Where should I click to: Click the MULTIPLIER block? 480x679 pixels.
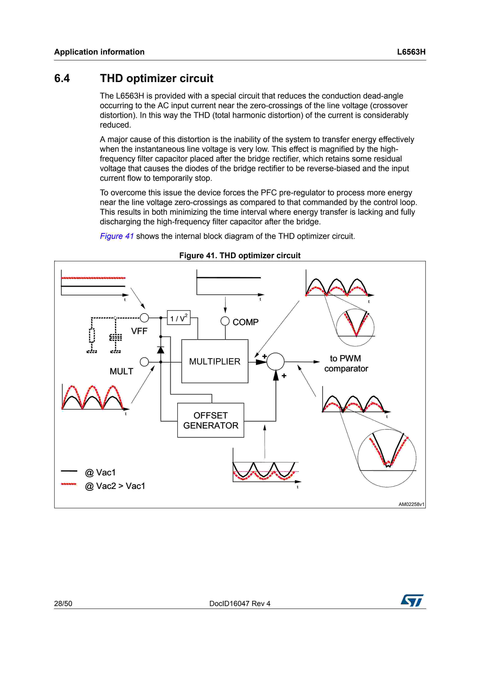(215, 361)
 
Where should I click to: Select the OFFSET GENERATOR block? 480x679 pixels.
(211, 420)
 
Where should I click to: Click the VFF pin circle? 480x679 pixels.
(144, 318)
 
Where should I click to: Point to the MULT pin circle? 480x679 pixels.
(144, 362)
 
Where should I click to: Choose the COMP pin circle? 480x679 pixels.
(225, 321)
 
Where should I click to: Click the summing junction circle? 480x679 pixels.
(275, 361)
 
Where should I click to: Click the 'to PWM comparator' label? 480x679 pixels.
(346, 364)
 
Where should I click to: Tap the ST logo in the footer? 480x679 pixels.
(412, 600)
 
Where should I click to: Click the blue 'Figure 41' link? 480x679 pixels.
(117, 236)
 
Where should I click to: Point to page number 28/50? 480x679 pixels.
(63, 604)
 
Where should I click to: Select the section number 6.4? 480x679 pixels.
(62, 78)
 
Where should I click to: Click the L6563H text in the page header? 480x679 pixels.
(411, 52)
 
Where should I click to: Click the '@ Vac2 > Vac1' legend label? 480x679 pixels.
(115, 486)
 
